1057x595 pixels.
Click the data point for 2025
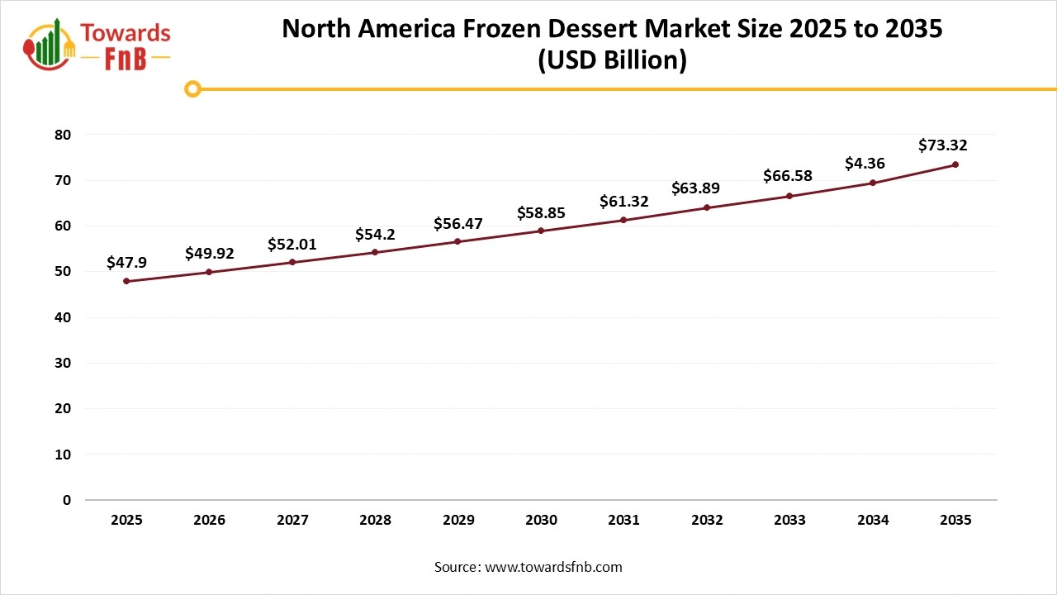126,281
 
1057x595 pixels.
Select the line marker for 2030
541,231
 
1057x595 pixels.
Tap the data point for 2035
955,164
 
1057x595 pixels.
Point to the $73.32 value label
942,145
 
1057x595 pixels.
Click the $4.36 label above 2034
865,164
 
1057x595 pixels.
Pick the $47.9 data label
126,262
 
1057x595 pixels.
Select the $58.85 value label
541,212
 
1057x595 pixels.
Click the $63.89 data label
695,188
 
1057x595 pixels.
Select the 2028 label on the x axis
375,521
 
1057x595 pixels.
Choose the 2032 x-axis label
707,521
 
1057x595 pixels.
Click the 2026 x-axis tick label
209,521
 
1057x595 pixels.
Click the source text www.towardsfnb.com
553,567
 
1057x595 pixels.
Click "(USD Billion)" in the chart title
612,61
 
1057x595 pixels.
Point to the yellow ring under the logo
192,88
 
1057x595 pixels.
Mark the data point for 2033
789,196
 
